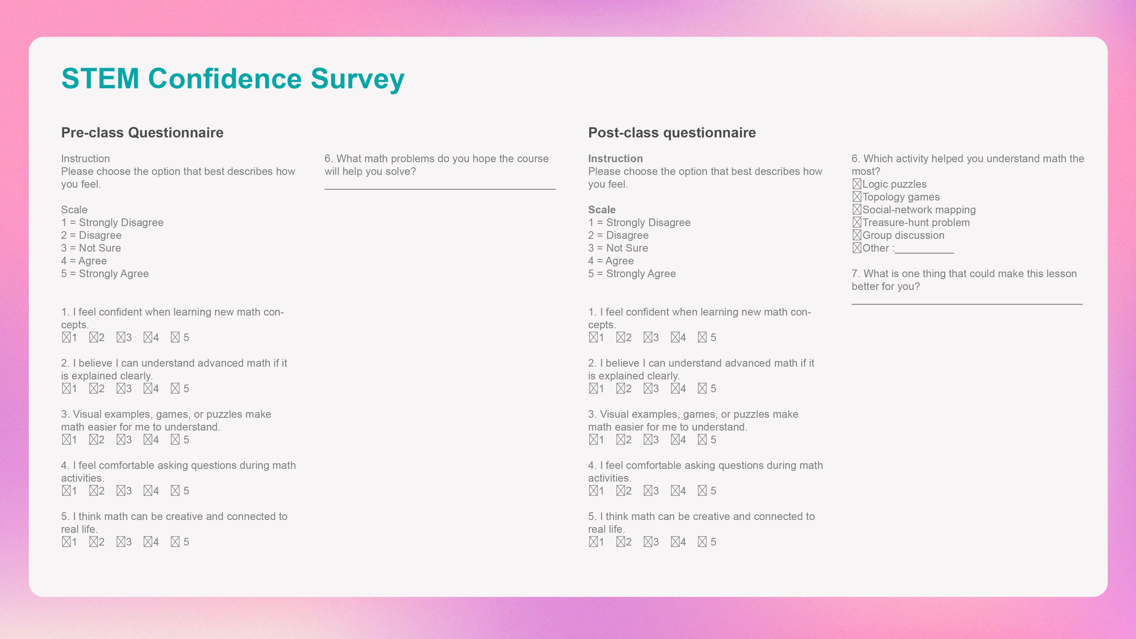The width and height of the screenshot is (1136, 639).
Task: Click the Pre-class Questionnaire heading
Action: pyautogui.click(x=142, y=133)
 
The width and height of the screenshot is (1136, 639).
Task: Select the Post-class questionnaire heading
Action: pyautogui.click(x=672, y=133)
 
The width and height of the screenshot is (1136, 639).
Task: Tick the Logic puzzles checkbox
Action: pyautogui.click(x=857, y=184)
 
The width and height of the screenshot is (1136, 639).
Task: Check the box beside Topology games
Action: pyautogui.click(x=857, y=197)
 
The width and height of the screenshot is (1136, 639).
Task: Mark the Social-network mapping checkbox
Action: pyautogui.click(x=857, y=210)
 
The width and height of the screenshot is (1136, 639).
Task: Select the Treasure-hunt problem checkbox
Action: pyautogui.click(x=857, y=222)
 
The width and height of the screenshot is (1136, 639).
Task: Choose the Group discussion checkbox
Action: pyautogui.click(x=857, y=235)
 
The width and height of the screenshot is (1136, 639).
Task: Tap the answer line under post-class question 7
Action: pyautogui.click(x=967, y=304)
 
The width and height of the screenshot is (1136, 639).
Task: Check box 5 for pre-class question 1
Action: pyautogui.click(x=175, y=337)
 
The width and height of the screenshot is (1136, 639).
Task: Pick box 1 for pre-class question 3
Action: pyautogui.click(x=66, y=440)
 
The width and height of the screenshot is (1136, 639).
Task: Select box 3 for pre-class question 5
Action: pyautogui.click(x=121, y=542)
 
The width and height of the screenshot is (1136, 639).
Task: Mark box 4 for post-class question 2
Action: pyautogui.click(x=675, y=389)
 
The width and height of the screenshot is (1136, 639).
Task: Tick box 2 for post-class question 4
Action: pyautogui.click(x=621, y=491)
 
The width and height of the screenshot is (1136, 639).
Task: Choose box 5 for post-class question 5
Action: pyautogui.click(x=702, y=542)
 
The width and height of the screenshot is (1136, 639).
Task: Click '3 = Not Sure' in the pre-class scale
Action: pyautogui.click(x=91, y=248)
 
